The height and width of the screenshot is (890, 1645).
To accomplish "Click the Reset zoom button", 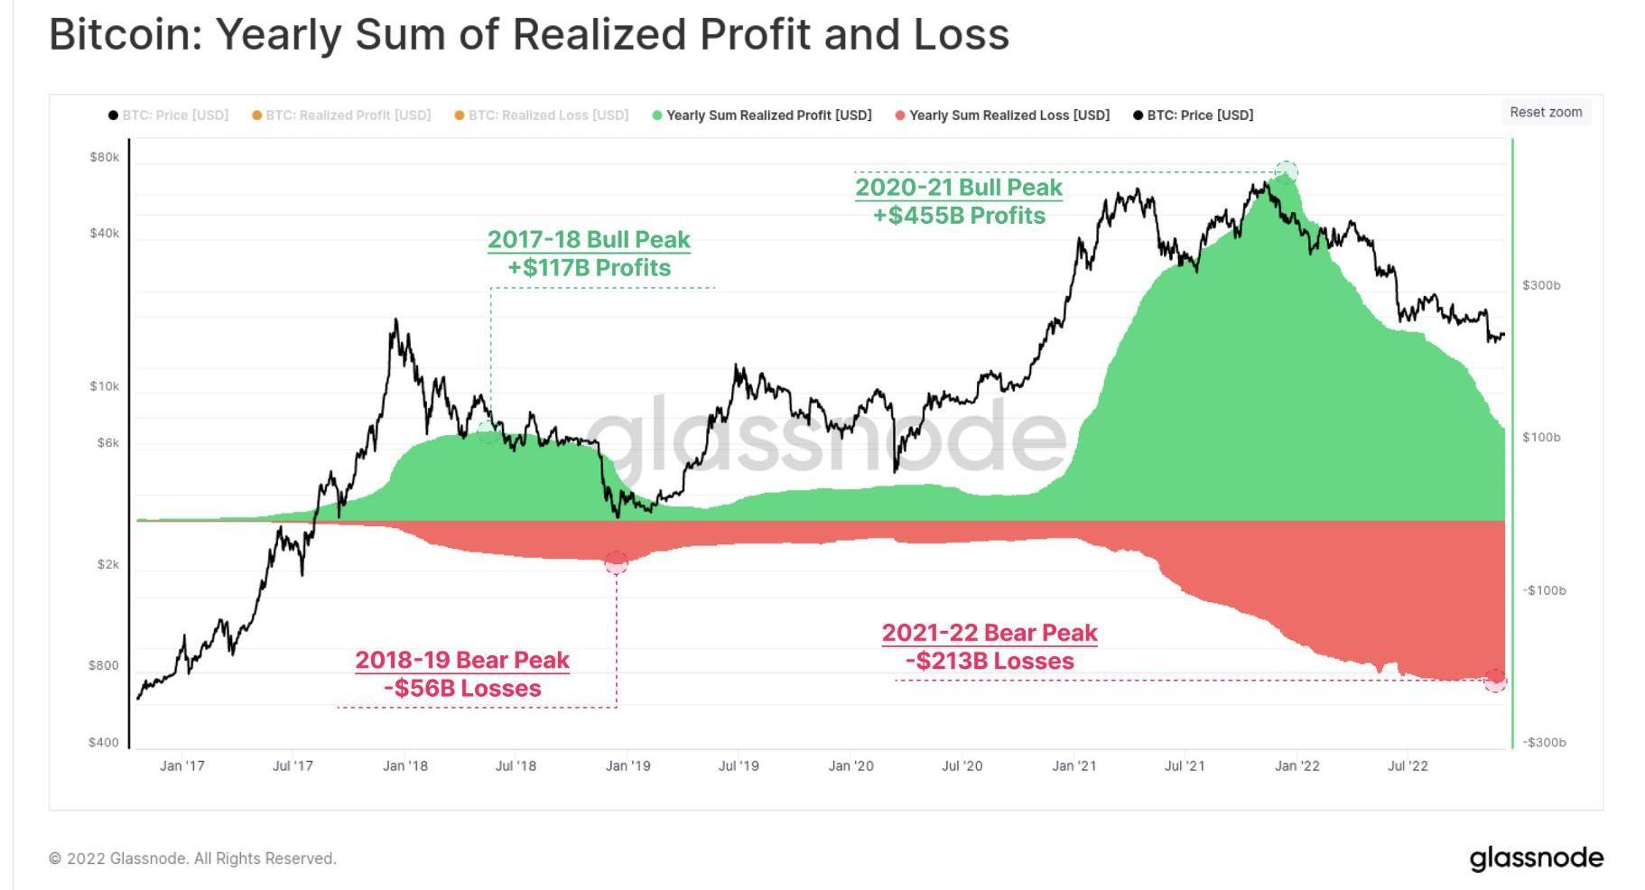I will pos(1546,112).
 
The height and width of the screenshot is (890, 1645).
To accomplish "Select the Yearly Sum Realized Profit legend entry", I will pos(768,116).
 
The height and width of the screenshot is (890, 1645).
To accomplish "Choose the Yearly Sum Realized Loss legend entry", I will pos(1008,116).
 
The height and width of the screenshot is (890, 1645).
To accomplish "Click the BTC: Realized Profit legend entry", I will pos(348,116).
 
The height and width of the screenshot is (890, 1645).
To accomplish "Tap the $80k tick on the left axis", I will pos(105,157).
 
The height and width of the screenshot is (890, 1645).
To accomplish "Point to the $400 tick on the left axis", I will pos(104,743).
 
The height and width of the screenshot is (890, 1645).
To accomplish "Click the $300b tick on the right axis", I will pos(1541,285).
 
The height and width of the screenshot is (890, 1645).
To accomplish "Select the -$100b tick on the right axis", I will pos(1544,590).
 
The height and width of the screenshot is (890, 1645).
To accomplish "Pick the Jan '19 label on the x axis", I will pos(627,766).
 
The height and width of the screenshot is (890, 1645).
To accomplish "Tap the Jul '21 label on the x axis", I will pos(1185,766).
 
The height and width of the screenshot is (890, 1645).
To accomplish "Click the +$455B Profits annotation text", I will pos(959,216).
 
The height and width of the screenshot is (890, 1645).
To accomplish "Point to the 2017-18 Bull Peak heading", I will pos(589,239).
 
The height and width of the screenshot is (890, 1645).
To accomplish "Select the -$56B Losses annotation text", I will pos(462,689).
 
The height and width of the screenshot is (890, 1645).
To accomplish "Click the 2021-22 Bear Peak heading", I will pos(990,633).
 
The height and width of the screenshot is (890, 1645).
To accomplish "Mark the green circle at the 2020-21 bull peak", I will pos(1287,172).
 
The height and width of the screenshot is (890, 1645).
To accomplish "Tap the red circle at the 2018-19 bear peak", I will pos(617,563).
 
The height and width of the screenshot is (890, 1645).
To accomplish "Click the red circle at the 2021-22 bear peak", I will pos(1495,680).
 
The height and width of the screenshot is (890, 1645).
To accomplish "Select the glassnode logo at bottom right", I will pos(1536,858).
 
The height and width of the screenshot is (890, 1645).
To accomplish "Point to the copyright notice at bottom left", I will pos(192,858).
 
